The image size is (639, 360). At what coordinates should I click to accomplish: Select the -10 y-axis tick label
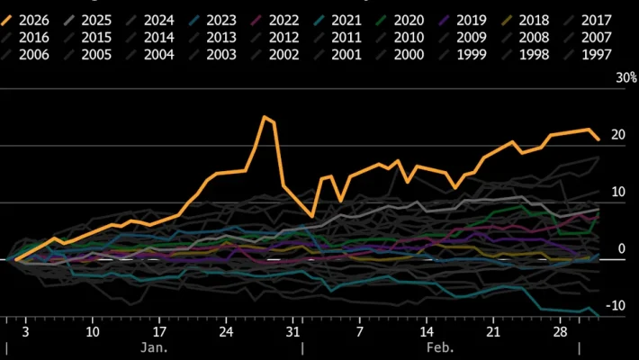[590, 306]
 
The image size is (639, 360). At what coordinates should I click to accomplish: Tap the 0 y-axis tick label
[595, 249]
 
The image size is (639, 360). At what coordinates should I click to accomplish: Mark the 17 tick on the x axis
[159, 329]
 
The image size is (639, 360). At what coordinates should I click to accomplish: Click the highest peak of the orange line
[265, 117]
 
